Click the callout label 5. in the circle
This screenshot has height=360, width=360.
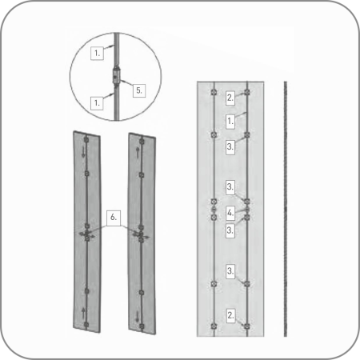tap(139, 90)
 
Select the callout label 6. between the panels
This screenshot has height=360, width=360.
tap(114, 218)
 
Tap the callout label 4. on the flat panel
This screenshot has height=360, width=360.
tap(230, 213)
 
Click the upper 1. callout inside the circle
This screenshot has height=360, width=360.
tap(97, 54)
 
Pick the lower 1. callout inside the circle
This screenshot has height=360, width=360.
tap(97, 102)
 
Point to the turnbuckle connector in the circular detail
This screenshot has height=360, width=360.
tap(116, 77)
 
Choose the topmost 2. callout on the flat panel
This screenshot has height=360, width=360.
tap(230, 98)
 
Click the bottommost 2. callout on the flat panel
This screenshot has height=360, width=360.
tap(230, 316)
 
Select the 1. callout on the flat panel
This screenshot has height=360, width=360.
tap(230, 122)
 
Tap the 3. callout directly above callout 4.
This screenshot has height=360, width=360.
tap(230, 187)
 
